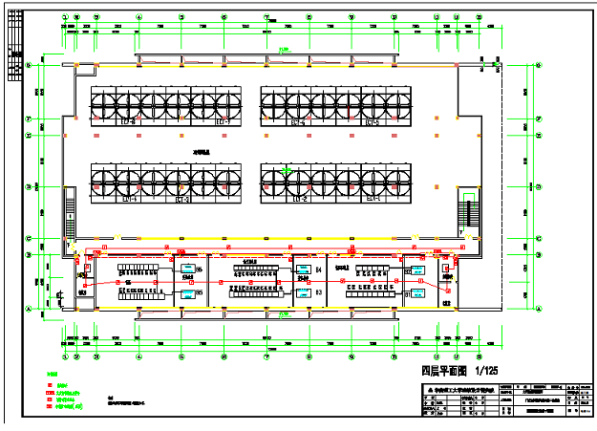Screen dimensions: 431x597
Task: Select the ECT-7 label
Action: (224, 123)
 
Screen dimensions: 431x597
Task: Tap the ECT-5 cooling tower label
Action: (371, 123)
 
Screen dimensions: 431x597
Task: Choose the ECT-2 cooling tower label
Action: (297, 200)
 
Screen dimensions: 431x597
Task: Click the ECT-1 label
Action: (371, 200)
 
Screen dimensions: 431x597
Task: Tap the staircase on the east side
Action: (467, 212)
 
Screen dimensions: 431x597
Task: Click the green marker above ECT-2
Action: (287, 171)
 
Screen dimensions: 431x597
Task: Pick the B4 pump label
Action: (319, 271)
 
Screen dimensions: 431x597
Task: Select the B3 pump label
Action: (319, 291)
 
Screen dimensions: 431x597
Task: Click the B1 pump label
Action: (407, 295)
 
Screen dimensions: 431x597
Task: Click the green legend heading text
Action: (53, 374)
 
